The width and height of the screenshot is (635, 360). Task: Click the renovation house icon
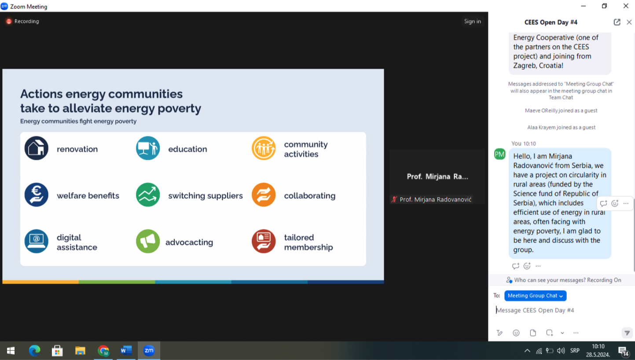coord(36,148)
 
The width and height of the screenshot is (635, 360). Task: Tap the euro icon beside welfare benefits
coord(36,195)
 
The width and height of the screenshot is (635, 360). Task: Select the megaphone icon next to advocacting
coord(148,241)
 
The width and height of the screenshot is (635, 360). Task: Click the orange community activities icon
coord(264,148)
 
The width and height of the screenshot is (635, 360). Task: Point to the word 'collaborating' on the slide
coord(309,195)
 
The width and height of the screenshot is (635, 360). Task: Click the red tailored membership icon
coord(264,241)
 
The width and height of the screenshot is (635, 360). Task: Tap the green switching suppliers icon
coord(148,195)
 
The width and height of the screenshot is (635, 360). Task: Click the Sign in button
coord(472,21)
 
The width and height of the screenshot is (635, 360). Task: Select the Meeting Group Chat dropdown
coord(535,296)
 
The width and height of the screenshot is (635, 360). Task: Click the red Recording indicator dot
coord(9,22)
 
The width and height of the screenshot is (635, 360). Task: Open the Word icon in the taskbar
coord(126,351)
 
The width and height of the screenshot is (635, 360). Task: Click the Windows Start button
coord(11,351)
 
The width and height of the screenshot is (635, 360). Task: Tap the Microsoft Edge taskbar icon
coord(34,351)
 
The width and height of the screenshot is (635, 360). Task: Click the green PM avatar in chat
coord(499,154)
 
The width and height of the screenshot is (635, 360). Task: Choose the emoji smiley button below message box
coord(516,333)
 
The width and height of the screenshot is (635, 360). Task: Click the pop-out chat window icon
coord(617,22)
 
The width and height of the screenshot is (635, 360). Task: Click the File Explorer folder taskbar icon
coord(80,351)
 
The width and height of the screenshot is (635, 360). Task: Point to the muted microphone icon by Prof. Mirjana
coord(394,199)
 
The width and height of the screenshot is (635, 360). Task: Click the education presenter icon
coord(148,148)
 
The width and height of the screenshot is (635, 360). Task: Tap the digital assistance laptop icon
coord(36,241)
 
